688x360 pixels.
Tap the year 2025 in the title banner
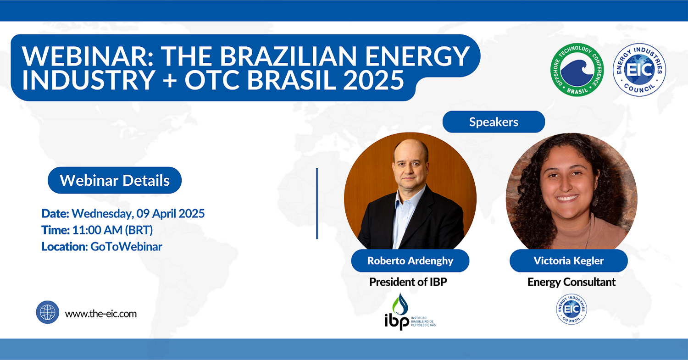pos(373,80)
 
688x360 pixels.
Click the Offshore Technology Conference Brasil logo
pos(577,70)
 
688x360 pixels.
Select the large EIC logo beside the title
pos(639,70)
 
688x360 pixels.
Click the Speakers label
pos(494,122)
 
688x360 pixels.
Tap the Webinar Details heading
pos(115,180)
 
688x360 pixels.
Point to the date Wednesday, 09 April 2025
pos(138,214)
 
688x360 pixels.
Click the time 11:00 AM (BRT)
pos(112,230)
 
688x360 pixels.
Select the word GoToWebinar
pos(126,247)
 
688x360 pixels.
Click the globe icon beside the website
pos(48,312)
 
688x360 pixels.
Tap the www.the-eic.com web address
pos(101,314)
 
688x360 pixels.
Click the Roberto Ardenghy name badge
pos(410,261)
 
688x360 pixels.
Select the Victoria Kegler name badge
pos(569,261)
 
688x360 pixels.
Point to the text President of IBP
pos(408,282)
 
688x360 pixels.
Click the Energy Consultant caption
pos(571,282)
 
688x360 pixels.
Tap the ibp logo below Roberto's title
pos(410,311)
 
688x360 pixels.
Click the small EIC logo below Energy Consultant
pos(571,309)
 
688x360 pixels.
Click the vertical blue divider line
pos(317,203)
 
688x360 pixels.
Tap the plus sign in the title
pos(170,80)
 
